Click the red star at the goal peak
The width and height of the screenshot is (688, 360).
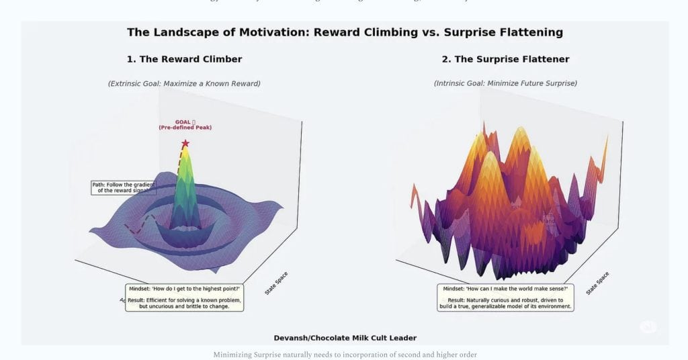click(x=185, y=144)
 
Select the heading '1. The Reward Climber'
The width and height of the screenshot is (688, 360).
click(x=184, y=59)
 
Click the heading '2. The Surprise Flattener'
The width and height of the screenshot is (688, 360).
click(x=505, y=59)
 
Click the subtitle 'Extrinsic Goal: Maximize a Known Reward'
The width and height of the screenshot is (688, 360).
click(x=184, y=83)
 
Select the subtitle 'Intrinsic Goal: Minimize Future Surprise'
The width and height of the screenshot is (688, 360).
click(x=505, y=83)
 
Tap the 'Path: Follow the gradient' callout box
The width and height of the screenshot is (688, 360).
click(x=124, y=187)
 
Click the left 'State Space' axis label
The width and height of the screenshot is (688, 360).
click(x=277, y=283)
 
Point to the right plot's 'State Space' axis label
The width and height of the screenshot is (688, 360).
click(x=597, y=283)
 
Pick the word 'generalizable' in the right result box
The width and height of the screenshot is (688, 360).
click(x=494, y=306)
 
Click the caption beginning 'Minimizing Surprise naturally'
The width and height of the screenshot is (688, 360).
click(x=345, y=354)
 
